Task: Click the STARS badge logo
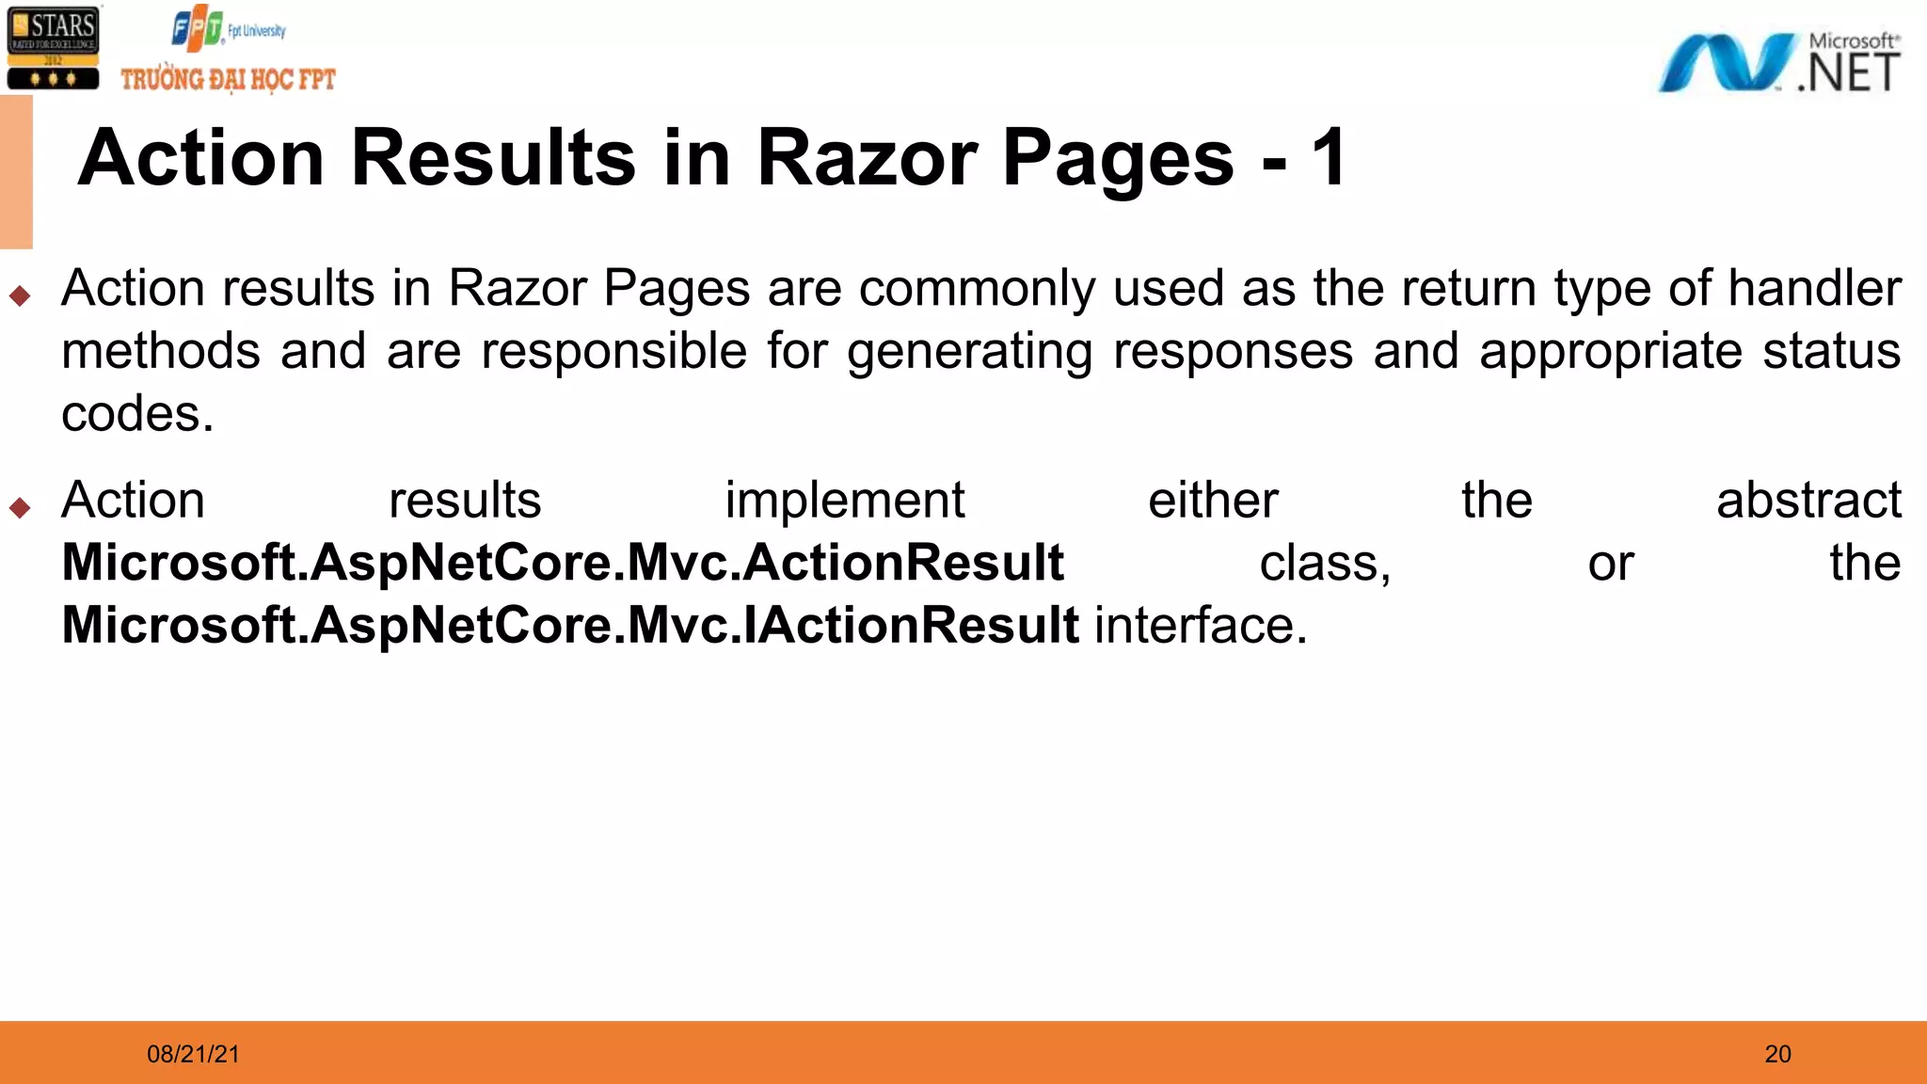(53, 48)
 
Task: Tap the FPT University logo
(227, 29)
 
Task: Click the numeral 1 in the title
(1329, 158)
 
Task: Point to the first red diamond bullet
(20, 296)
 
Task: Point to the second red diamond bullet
(20, 508)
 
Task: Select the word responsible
(613, 352)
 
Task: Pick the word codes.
(137, 414)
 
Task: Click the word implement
(844, 502)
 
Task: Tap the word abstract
(1808, 501)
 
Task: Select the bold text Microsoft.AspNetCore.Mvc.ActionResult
(563, 563)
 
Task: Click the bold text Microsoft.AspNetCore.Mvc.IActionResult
(570, 626)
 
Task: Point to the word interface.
(1200, 626)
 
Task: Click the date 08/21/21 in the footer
(193, 1054)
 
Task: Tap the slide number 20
(1777, 1054)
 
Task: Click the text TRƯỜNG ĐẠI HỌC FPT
(228, 79)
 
